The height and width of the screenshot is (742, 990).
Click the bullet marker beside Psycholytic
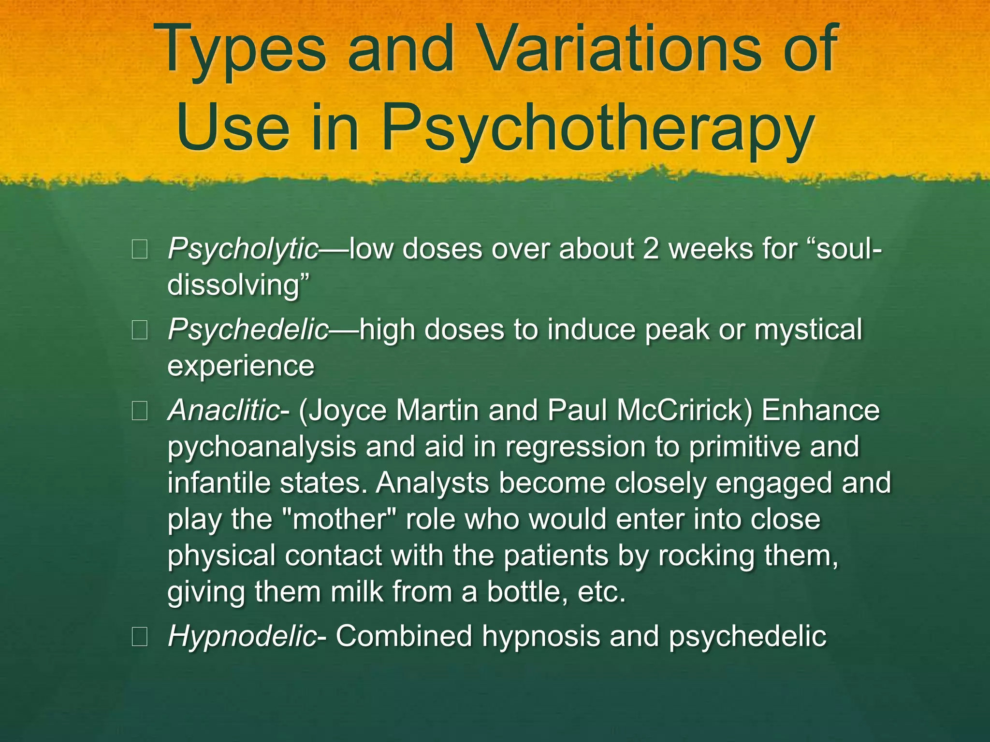coord(139,251)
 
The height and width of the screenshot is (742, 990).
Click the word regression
coord(576,447)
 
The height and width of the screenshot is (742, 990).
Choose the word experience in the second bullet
coord(241,366)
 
